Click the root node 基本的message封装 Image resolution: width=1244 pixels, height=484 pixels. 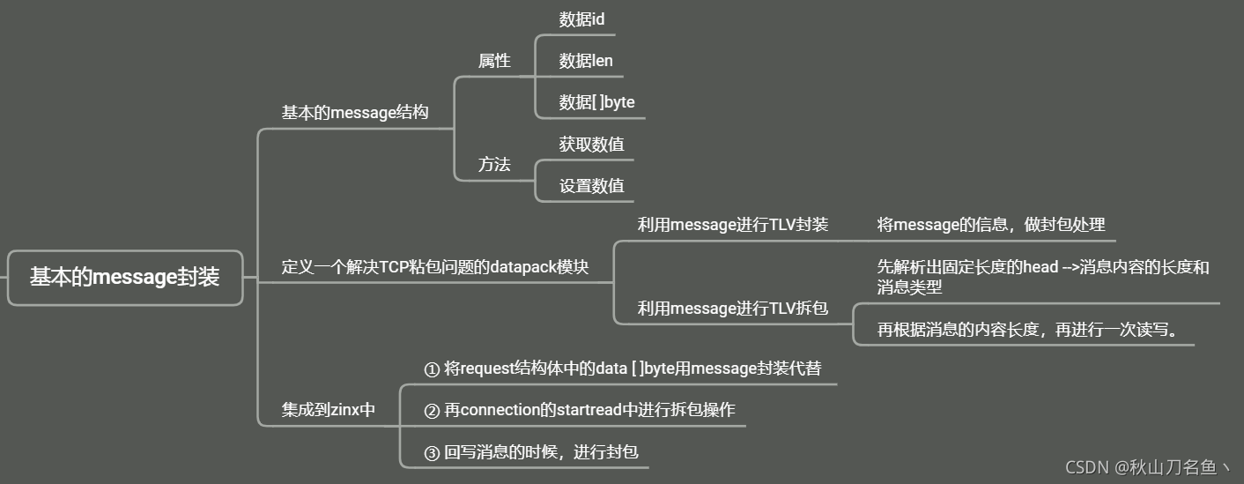coord(124,278)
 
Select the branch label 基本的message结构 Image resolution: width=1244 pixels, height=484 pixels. coord(355,113)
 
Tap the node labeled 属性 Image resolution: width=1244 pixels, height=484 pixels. coord(494,61)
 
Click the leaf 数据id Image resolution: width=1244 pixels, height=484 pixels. coord(581,19)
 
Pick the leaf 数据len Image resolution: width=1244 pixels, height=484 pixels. coord(586,61)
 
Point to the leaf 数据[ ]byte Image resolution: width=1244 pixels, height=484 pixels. coord(596,102)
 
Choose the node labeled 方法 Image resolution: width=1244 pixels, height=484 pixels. coord(494,164)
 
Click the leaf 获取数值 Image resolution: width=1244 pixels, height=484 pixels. coord(591,144)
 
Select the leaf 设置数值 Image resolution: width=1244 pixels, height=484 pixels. coord(591,185)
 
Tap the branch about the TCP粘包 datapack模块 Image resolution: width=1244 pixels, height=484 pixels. coord(434,267)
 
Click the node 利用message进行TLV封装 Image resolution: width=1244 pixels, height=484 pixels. coord(733,225)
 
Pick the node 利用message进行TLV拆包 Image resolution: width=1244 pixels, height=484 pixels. coord(733,309)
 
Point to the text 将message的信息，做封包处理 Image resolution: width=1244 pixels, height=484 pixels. coord(991,225)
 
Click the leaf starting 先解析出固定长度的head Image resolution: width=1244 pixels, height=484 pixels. coord(1043,277)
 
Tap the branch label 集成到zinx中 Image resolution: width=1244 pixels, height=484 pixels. coord(329,410)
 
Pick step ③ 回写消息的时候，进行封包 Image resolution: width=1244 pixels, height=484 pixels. coord(530,453)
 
